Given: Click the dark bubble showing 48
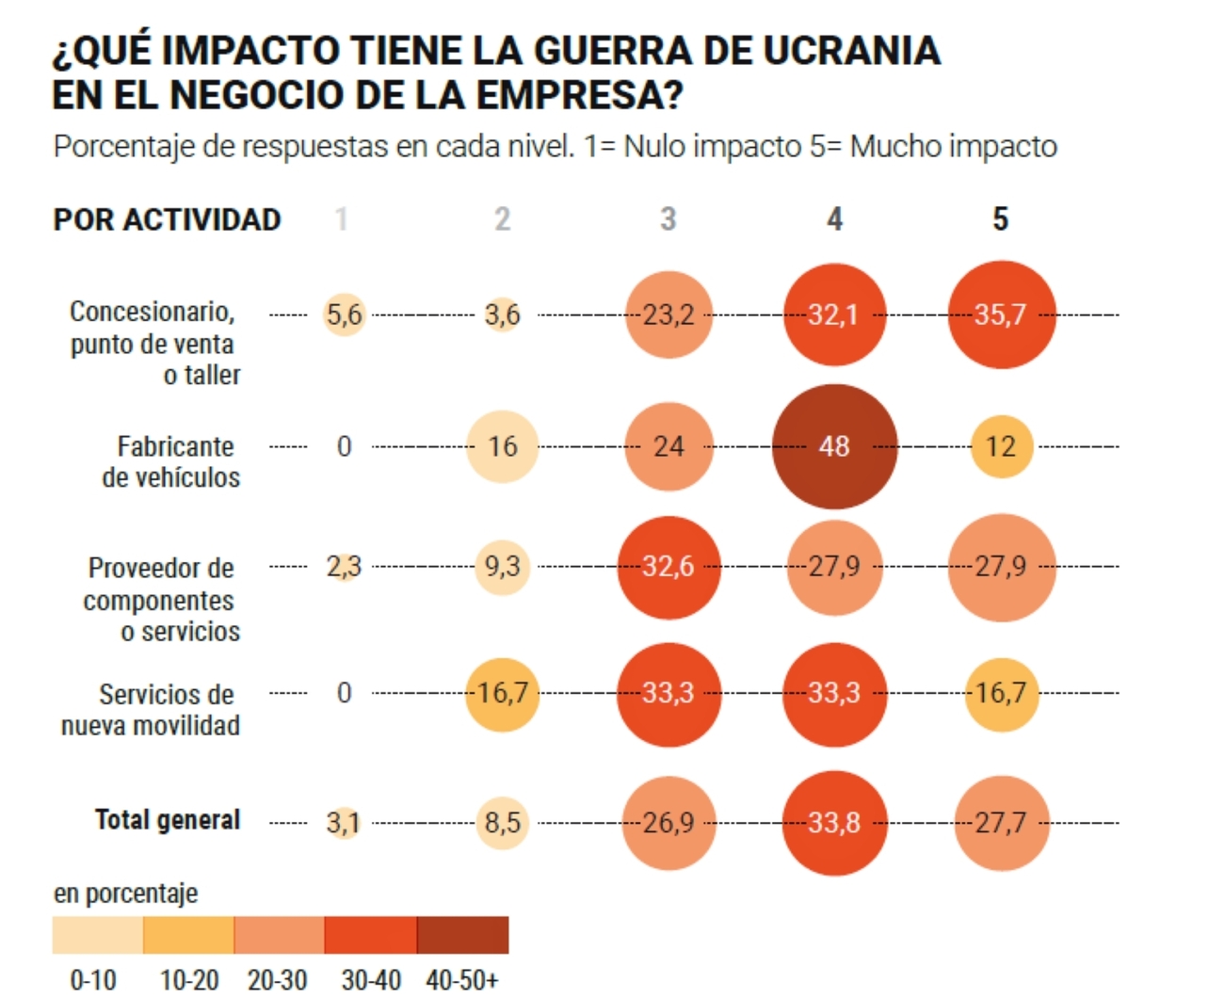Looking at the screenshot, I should (x=834, y=446).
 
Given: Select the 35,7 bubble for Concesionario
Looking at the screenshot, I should (x=1001, y=314).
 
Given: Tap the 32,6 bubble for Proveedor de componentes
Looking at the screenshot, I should (x=668, y=567).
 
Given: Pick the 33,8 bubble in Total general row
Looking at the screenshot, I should (x=834, y=823).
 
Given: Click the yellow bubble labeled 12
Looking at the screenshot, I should (x=1001, y=446).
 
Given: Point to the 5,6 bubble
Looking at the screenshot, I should (x=345, y=314).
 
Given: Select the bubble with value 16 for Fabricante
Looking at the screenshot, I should (x=503, y=446).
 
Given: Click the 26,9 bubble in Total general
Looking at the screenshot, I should (x=668, y=823).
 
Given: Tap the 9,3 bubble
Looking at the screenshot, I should (x=503, y=567).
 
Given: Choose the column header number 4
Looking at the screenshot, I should (x=834, y=219).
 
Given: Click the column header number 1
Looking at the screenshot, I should (x=342, y=219).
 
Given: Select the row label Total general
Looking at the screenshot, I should (x=168, y=820).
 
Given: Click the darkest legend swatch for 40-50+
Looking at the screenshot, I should (x=462, y=935).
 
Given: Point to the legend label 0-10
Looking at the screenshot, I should (x=93, y=980).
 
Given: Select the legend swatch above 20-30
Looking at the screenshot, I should (x=279, y=935).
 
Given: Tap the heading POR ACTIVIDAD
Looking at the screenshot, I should (x=167, y=219).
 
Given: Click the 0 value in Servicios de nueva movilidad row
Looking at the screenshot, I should (x=345, y=693).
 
